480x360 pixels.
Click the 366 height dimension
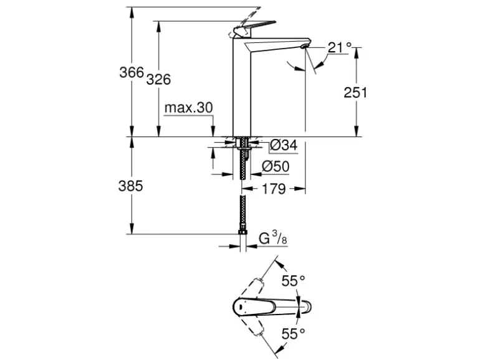[x=131, y=72]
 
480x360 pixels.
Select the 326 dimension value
[x=159, y=80]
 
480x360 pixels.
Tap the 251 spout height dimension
[x=355, y=93]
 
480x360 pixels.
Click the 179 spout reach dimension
[x=273, y=189]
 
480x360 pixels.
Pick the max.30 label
[x=189, y=108]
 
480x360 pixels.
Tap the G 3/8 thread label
[x=273, y=238]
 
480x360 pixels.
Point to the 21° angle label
[x=340, y=47]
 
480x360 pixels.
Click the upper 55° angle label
[x=294, y=281]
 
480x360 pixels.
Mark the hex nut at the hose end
[x=242, y=235]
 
